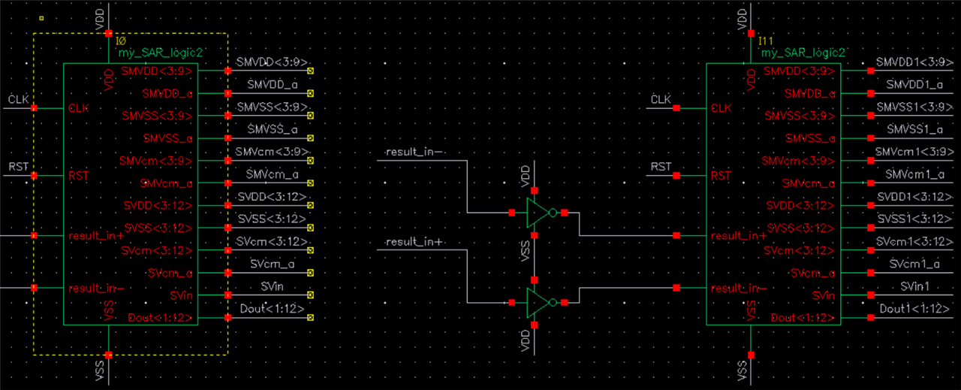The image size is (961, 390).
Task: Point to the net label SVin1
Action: pos(914,286)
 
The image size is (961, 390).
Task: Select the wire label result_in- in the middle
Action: pos(415,153)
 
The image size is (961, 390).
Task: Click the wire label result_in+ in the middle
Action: pos(415,242)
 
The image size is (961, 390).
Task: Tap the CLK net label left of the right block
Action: pos(660,99)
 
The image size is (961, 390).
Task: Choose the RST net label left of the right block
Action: pos(661,167)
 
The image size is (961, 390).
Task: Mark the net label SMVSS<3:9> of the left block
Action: pos(272,107)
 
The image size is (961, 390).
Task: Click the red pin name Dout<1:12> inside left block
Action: pos(160,318)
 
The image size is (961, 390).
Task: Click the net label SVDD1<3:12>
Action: pos(908,196)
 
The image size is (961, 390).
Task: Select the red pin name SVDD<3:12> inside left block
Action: pos(158,205)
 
